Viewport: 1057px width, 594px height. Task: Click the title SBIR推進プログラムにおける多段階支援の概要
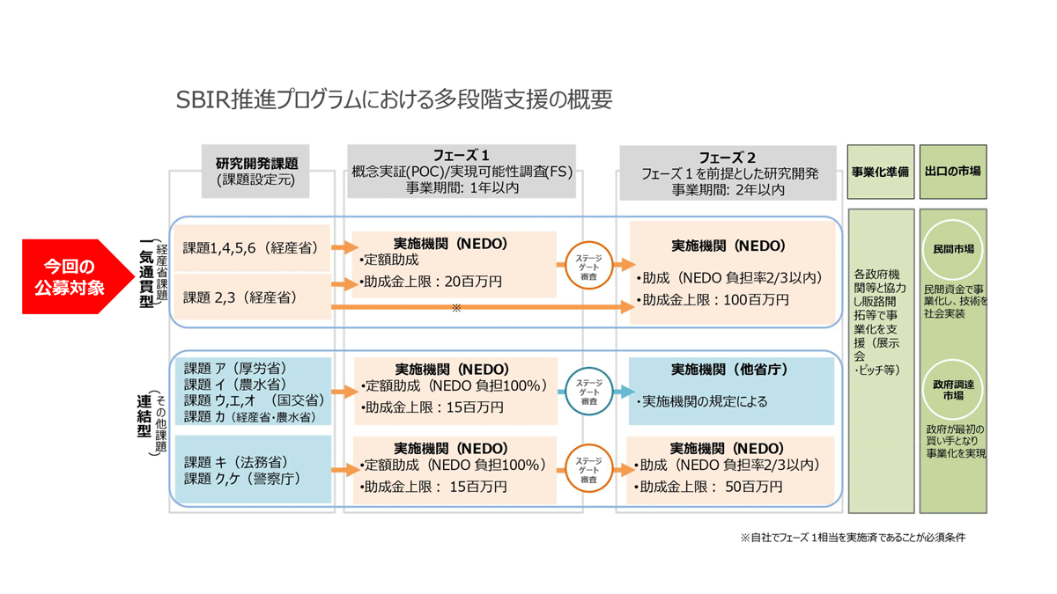tap(394, 99)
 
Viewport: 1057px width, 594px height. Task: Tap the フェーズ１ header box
tap(461, 171)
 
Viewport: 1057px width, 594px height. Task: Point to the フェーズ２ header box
tap(727, 172)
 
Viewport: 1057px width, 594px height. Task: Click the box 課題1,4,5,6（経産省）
tap(251, 249)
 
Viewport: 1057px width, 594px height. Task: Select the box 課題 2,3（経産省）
tap(251, 297)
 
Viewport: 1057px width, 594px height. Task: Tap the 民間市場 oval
tap(953, 249)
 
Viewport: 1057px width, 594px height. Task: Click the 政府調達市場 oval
tap(953, 390)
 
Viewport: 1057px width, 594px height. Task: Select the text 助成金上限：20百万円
tap(431, 282)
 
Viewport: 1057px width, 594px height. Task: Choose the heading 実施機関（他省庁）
tap(728, 369)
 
